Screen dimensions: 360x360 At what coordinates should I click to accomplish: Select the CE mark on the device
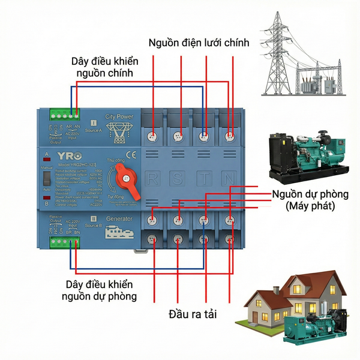click(131, 155)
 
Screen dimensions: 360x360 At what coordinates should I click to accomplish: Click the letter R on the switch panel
click(154, 178)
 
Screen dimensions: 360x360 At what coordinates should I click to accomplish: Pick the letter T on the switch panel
click(204, 178)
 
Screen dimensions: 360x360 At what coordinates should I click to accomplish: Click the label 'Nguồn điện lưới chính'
click(199, 43)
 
